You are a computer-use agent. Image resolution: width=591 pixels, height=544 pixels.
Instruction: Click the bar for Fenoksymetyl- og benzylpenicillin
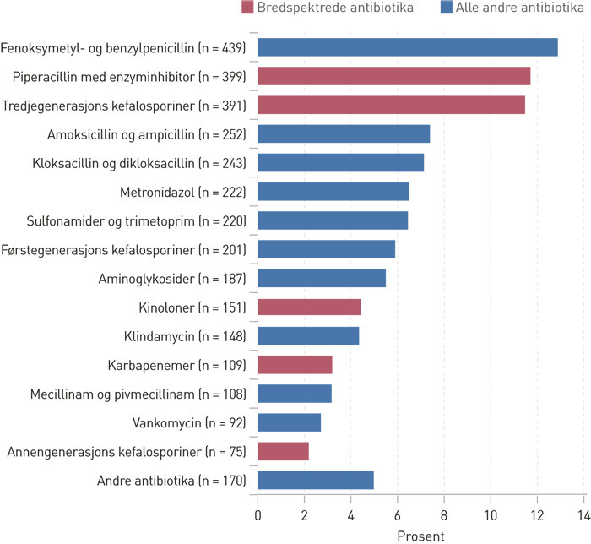[x=407, y=47]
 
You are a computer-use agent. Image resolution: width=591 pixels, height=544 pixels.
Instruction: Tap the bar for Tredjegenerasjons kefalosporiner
[x=391, y=105]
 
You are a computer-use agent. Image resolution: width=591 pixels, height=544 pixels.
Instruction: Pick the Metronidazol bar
[x=333, y=192]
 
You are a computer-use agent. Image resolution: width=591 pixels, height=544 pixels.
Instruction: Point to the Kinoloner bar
[x=309, y=307]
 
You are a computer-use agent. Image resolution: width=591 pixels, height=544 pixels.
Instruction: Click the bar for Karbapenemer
[x=295, y=365]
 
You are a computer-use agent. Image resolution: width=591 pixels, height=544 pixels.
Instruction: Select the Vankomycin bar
[x=289, y=422]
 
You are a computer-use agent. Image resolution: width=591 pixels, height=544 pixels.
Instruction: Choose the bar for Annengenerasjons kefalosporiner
[x=283, y=452]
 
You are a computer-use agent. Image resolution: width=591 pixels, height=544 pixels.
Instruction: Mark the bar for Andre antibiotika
[x=315, y=481]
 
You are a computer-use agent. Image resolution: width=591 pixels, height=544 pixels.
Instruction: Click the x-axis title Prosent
[x=420, y=535]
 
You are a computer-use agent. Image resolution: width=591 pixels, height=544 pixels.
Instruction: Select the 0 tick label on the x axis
[x=258, y=514]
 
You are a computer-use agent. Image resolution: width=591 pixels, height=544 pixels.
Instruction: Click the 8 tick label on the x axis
[x=443, y=514]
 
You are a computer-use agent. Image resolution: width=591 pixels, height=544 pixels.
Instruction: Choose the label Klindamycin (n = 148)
[x=183, y=336]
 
